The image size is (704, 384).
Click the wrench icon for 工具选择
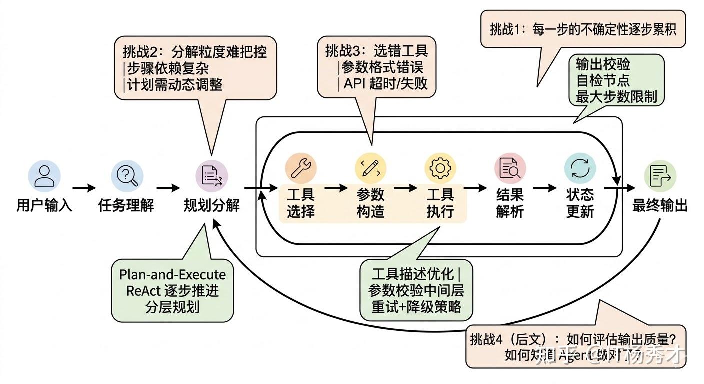[301, 168]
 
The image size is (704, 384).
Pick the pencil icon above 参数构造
[371, 168]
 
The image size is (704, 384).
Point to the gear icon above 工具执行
[440, 168]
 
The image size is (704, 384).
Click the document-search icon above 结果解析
[510, 168]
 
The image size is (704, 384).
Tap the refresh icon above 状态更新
[580, 168]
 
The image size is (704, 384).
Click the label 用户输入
[44, 205]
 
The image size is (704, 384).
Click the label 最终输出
[660, 205]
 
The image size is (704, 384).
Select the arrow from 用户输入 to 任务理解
[84, 188]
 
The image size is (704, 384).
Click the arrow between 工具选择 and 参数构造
[336, 188]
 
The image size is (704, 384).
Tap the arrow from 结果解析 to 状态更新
[545, 188]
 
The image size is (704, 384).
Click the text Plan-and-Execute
[172, 275]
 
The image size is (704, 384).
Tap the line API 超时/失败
[385, 83]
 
